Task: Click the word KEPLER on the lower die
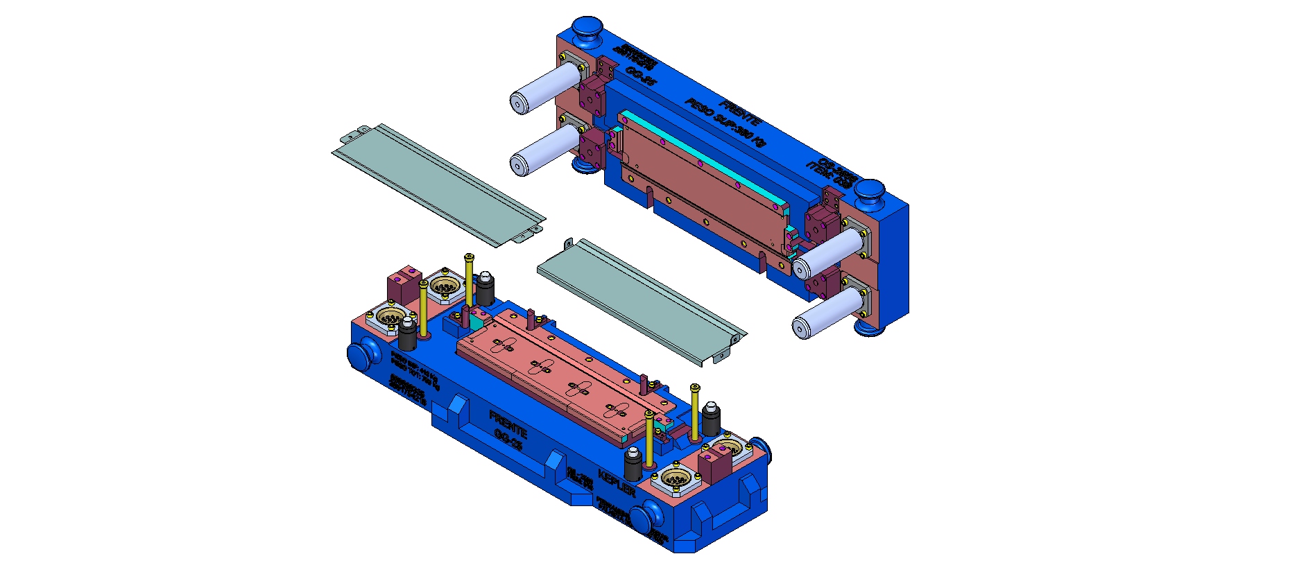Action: pyautogui.click(x=617, y=483)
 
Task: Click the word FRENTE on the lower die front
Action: pyautogui.click(x=508, y=423)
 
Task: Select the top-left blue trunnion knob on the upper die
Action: pyautogui.click(x=587, y=30)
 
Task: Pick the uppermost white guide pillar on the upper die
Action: pyautogui.click(x=544, y=88)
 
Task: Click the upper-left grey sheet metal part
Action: pyautogui.click(x=437, y=184)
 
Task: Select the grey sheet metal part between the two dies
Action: pyautogui.click(x=638, y=298)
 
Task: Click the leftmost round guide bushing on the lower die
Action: pyautogui.click(x=390, y=318)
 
